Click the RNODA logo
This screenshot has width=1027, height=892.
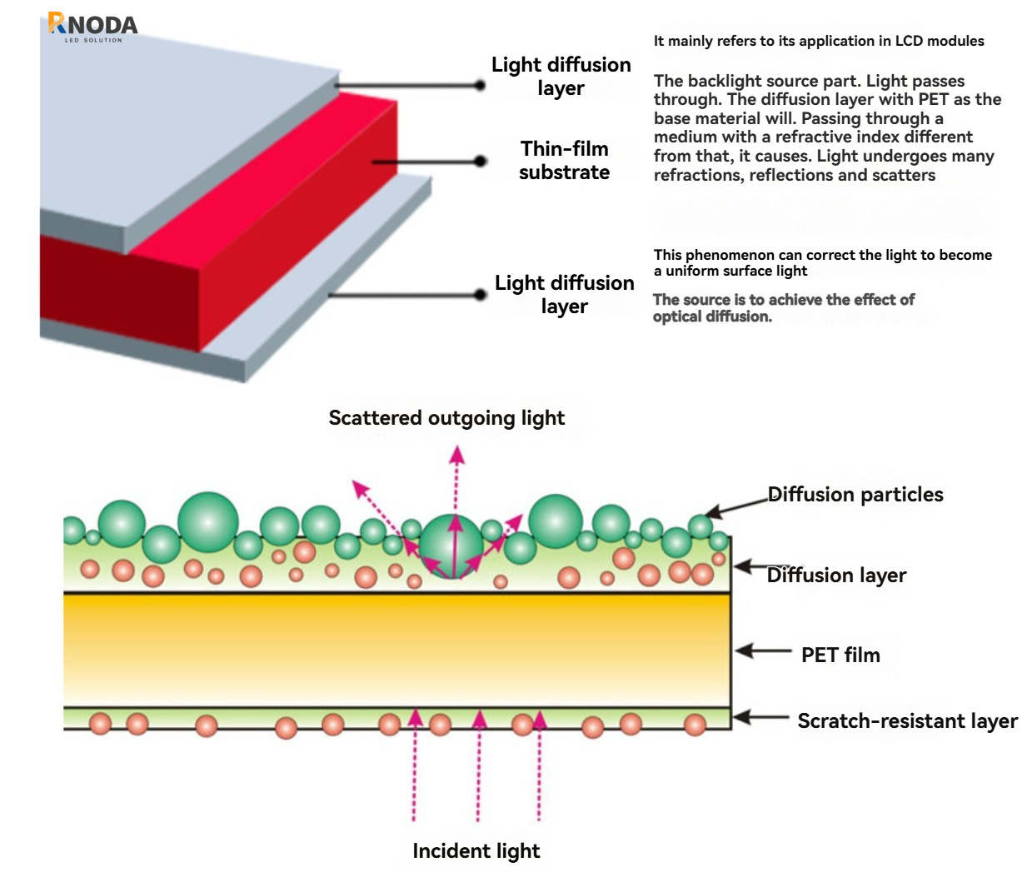click(92, 26)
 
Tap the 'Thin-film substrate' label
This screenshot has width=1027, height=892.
click(564, 160)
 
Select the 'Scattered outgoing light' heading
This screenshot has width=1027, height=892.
click(446, 417)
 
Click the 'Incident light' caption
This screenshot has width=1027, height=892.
click(476, 850)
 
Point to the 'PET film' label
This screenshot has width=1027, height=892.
click(840, 655)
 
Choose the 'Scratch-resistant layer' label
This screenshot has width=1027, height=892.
click(907, 720)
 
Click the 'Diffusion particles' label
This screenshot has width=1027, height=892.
click(855, 494)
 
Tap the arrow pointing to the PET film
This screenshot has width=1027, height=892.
click(762, 650)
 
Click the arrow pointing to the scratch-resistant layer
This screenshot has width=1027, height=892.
click(760, 716)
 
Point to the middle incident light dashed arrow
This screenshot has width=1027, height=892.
click(479, 766)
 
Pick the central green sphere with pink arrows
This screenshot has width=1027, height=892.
click(451, 546)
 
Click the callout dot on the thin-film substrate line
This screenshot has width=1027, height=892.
click(480, 161)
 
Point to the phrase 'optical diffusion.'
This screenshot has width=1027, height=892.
click(712, 316)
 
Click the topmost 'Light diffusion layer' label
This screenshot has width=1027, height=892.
click(561, 76)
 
